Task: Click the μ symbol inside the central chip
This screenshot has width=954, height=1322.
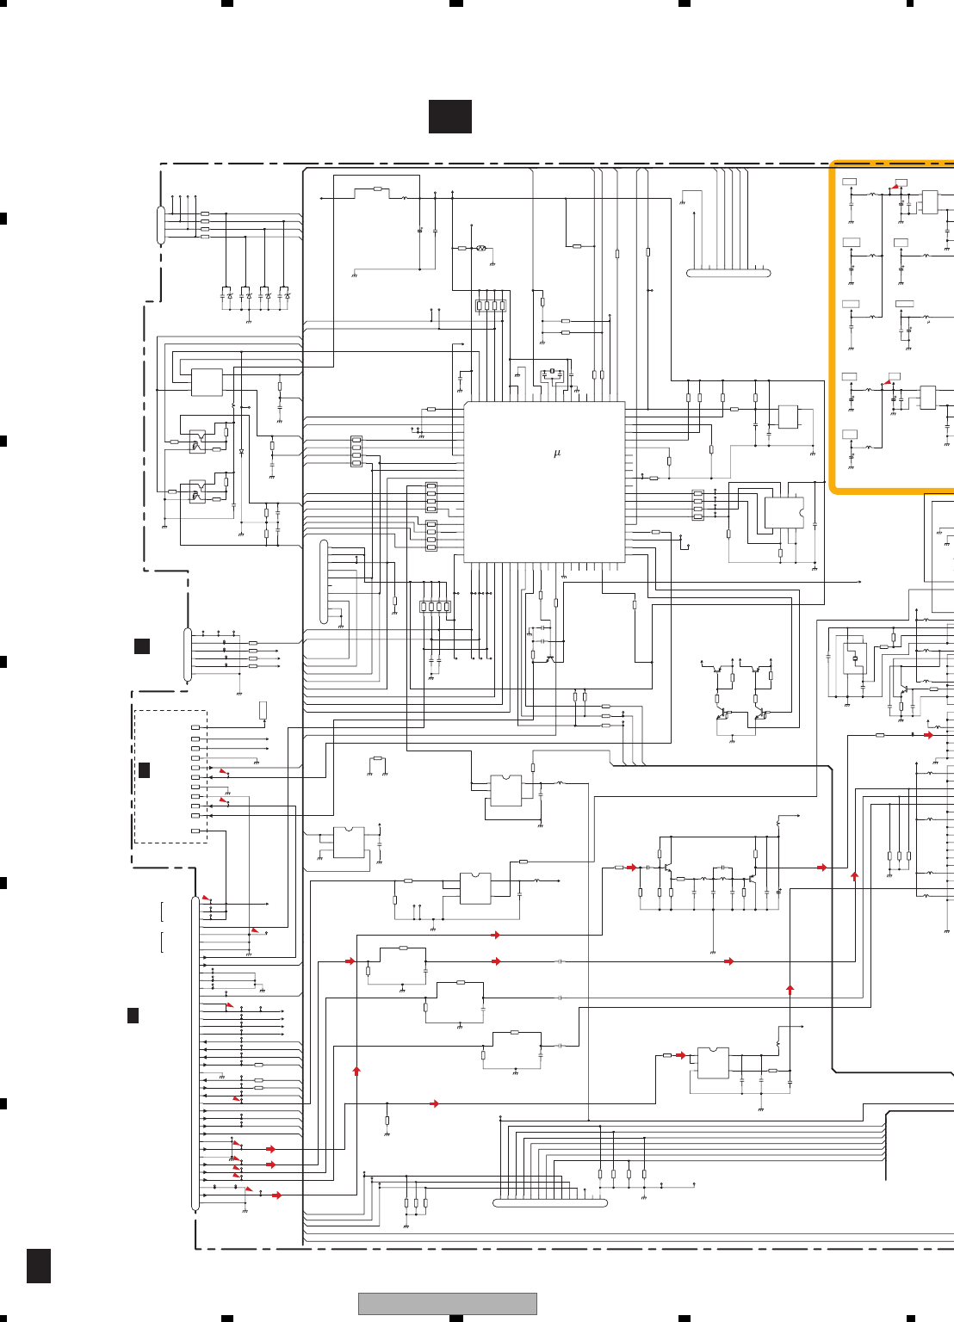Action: [x=557, y=453]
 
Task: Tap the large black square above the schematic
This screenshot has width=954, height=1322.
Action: [x=449, y=116]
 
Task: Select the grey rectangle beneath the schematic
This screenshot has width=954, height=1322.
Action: [x=447, y=1303]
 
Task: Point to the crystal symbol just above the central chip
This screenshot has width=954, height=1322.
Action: [x=551, y=374]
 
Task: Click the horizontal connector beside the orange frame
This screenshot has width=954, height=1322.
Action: [x=728, y=273]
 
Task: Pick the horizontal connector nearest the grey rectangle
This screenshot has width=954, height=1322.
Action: [x=550, y=1202]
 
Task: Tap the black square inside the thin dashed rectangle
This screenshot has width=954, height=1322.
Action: [x=144, y=769]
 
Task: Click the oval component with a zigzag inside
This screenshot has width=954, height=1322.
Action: [x=481, y=248]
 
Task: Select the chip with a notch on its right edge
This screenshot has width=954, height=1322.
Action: [x=784, y=513]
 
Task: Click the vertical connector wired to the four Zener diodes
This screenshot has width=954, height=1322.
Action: [x=161, y=225]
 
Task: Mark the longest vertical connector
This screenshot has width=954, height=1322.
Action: [x=195, y=1053]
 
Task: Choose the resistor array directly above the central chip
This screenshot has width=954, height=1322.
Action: [x=491, y=306]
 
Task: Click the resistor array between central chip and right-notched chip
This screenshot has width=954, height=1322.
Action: [x=697, y=505]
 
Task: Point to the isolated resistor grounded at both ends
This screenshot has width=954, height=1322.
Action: [x=377, y=758]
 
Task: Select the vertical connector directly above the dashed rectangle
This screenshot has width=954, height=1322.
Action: [x=188, y=655]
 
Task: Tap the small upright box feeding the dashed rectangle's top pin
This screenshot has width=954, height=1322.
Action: [x=263, y=709]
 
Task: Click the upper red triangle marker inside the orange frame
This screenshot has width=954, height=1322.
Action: [x=897, y=185]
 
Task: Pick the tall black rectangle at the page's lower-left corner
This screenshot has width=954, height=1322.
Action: [x=38, y=1265]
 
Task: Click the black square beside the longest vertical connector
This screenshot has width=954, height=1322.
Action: [x=133, y=1016]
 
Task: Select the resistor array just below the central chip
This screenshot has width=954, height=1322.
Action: [x=435, y=607]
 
